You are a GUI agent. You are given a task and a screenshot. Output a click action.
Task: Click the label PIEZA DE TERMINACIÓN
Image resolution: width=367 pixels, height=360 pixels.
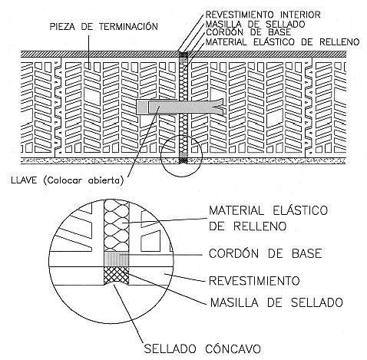coord(104,27)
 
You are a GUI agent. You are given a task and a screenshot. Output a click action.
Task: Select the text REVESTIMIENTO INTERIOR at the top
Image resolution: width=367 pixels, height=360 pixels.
coord(263,15)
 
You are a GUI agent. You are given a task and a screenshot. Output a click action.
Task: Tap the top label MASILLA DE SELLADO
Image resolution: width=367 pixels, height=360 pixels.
coord(256,25)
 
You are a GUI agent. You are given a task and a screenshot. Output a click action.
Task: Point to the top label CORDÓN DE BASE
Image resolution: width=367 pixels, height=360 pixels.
coord(249,32)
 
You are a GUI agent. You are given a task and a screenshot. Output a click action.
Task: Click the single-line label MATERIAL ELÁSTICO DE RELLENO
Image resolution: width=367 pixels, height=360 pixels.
coord(283,41)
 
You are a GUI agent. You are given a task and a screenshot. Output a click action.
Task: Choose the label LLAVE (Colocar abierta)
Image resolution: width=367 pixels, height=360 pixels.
coord(68,180)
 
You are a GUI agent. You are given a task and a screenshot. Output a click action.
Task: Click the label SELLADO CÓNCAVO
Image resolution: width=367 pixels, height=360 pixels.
coord(202,348)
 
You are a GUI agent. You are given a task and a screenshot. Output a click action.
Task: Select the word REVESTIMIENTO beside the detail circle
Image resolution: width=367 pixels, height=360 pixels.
coord(254,281)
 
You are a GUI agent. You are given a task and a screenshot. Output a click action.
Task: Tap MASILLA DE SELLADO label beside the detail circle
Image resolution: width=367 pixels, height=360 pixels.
coord(276,302)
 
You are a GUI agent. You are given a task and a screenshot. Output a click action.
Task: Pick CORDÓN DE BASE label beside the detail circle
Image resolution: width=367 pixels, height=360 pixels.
coord(265,253)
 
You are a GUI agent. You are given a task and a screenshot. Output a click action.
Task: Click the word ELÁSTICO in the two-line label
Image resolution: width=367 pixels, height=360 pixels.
coord(300,210)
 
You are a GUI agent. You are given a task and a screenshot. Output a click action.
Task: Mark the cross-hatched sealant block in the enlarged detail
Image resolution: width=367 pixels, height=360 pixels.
coord(116,275)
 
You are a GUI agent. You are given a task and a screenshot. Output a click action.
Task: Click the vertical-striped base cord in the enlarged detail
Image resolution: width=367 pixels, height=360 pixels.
coord(116,259)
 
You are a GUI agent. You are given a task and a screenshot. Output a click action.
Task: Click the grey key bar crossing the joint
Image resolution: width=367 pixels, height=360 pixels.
coord(180,107)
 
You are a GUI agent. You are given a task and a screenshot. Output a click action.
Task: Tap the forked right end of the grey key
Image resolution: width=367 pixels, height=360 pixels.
coord(218,107)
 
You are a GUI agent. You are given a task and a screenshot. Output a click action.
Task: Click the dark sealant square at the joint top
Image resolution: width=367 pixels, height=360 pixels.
coord(183,54)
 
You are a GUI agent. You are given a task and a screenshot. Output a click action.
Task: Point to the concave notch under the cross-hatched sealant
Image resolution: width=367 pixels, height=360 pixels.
coord(116,283)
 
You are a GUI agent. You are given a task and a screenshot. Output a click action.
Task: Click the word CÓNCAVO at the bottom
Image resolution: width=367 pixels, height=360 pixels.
coord(233,348)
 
